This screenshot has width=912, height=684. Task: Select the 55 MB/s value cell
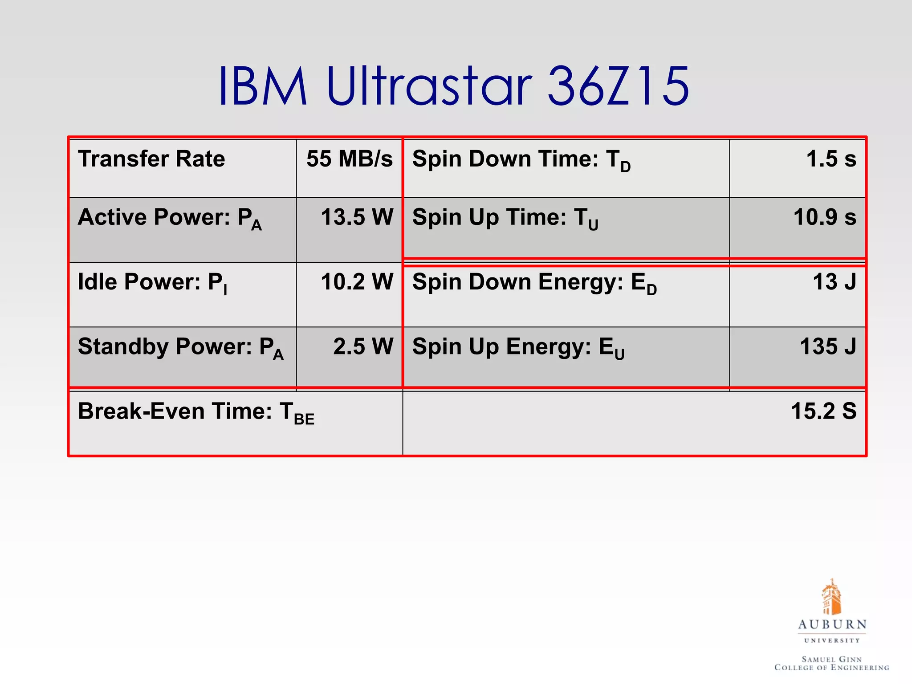pyautogui.click(x=350, y=159)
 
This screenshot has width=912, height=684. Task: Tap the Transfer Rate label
pyautogui.click(x=151, y=159)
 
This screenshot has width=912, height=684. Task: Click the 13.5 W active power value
pyautogui.click(x=357, y=217)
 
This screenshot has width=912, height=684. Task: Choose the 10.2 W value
pyautogui.click(x=357, y=282)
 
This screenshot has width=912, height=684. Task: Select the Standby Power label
pyautogui.click(x=180, y=347)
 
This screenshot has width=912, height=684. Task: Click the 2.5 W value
pyautogui.click(x=363, y=347)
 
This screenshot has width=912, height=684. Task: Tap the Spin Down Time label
pyautogui.click(x=521, y=160)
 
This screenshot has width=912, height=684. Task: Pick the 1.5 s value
pyautogui.click(x=831, y=159)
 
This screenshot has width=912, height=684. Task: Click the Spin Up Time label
pyautogui.click(x=505, y=218)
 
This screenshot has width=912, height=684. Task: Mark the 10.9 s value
pyautogui.click(x=825, y=217)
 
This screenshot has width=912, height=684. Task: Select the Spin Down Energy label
pyautogui.click(x=534, y=283)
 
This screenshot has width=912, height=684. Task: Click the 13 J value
pyautogui.click(x=834, y=282)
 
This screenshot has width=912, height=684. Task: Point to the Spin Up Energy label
pyautogui.click(x=518, y=347)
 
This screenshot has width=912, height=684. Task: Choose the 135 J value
pyautogui.click(x=828, y=347)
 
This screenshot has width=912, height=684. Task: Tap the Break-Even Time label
pyautogui.click(x=196, y=412)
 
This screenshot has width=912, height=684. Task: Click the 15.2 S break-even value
pyautogui.click(x=823, y=411)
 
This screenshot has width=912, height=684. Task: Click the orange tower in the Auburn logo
pyautogui.click(x=831, y=597)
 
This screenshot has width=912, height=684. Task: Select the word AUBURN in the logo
pyautogui.click(x=832, y=624)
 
